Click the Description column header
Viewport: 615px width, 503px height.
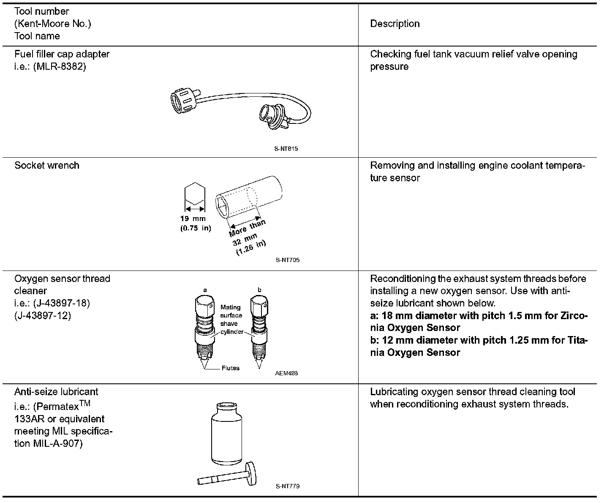395,24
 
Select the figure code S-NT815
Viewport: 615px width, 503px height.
286,149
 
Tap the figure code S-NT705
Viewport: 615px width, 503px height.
288,260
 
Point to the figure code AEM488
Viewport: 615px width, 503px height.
286,373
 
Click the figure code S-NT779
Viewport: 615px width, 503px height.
288,486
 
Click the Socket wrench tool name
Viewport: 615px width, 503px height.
47,165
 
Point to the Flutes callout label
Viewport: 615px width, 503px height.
230,368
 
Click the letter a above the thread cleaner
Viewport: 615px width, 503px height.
205,290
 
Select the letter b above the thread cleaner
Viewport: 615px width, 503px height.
259,290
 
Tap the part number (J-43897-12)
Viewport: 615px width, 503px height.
43,315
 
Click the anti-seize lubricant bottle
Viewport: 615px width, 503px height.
228,435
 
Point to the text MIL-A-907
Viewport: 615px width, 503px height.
55,444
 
